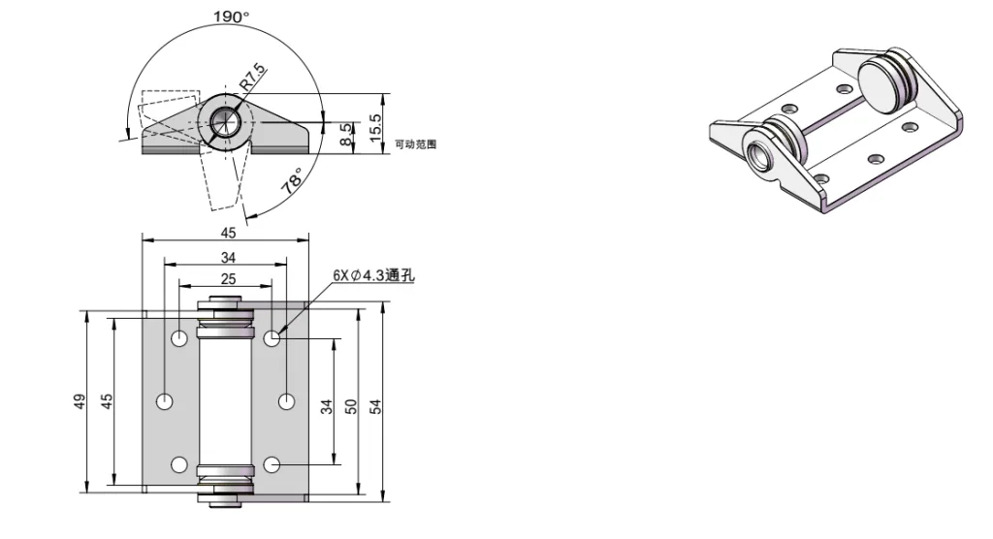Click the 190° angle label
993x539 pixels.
click(231, 16)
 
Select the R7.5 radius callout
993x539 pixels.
click(252, 78)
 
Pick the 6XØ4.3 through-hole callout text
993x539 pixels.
click(373, 275)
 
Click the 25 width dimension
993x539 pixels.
click(227, 279)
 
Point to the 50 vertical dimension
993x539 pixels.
click(351, 405)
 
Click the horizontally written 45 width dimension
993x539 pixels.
click(227, 233)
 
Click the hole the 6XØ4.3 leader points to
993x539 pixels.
click(272, 338)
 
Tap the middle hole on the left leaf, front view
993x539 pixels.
click(166, 400)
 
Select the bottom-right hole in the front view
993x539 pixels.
click(272, 464)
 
